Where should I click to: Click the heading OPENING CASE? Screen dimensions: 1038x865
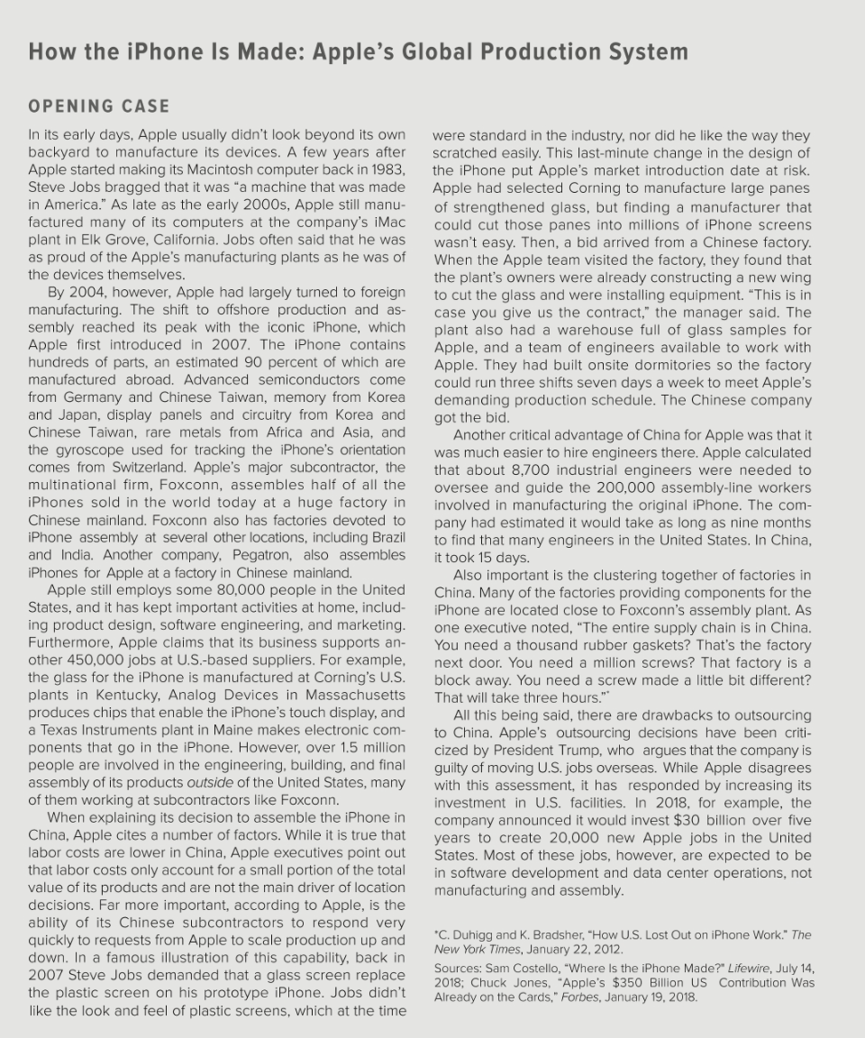coord(99,106)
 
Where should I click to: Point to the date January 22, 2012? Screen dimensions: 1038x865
coord(580,949)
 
